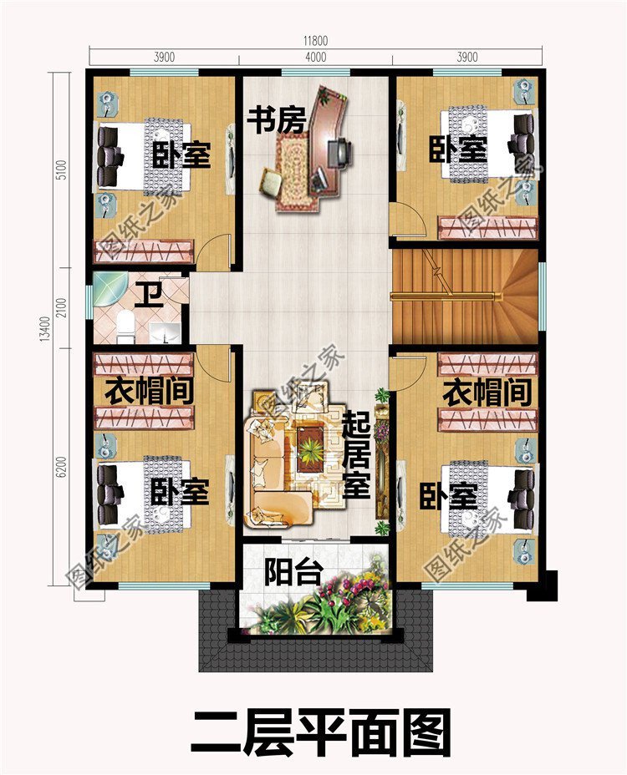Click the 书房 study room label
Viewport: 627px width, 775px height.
coord(277,119)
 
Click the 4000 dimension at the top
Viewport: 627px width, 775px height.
coord(316,57)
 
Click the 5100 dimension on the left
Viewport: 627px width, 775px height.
coord(74,171)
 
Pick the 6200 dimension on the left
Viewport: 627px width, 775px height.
coord(74,470)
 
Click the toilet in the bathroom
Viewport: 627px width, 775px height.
coord(125,327)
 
